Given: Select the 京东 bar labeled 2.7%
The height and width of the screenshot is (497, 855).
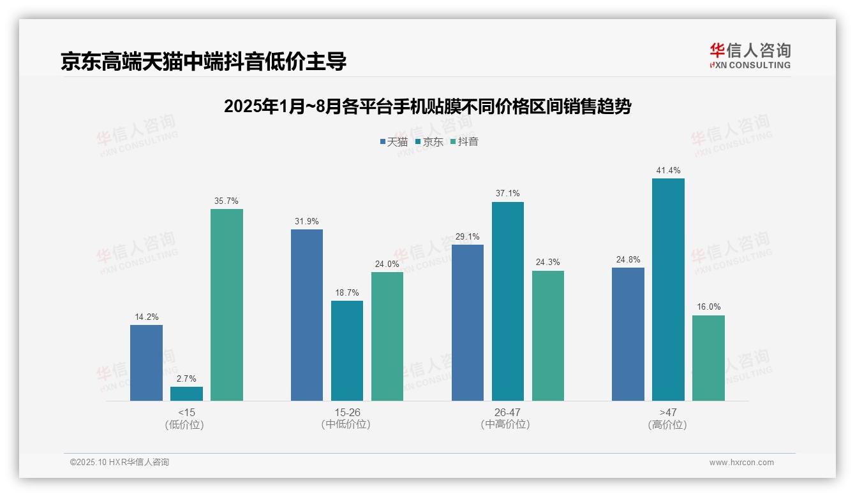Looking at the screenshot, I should pyautogui.click(x=186, y=394).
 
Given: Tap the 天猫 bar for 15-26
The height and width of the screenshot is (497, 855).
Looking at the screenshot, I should pyautogui.click(x=307, y=315).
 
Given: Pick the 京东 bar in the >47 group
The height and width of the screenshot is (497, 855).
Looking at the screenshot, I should pyautogui.click(x=668, y=289).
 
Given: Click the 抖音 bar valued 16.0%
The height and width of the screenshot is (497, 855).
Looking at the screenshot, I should pyautogui.click(x=708, y=357).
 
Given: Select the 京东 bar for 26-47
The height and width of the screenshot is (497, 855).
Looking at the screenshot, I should pyautogui.click(x=508, y=301).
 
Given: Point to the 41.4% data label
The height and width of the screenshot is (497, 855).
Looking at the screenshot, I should pyautogui.click(x=668, y=171).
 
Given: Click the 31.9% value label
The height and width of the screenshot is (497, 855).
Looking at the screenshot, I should pyautogui.click(x=307, y=222).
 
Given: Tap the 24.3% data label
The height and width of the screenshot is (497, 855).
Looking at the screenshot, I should pyautogui.click(x=548, y=263).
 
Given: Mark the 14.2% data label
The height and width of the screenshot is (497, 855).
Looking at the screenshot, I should pyautogui.click(x=146, y=317).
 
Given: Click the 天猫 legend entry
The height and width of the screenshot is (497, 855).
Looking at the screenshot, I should pyautogui.click(x=394, y=142).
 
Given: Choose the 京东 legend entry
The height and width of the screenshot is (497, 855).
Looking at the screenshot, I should pyautogui.click(x=429, y=142).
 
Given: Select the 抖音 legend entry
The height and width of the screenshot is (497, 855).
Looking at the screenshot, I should pyautogui.click(x=464, y=142).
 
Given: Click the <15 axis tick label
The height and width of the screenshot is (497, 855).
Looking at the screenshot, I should pyautogui.click(x=186, y=412).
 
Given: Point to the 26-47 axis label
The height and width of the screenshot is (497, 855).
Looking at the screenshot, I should pyautogui.click(x=507, y=412).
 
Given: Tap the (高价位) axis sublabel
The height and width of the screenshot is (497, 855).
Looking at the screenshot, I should pyautogui.click(x=667, y=424).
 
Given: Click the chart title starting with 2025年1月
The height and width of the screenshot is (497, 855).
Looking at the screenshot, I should pyautogui.click(x=427, y=106).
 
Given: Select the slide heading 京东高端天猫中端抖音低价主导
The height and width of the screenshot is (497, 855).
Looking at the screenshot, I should pyautogui.click(x=204, y=61).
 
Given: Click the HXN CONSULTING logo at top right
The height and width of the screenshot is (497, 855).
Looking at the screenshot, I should pyautogui.click(x=750, y=56).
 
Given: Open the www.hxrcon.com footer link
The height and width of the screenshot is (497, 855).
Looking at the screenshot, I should pyautogui.click(x=741, y=463).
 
